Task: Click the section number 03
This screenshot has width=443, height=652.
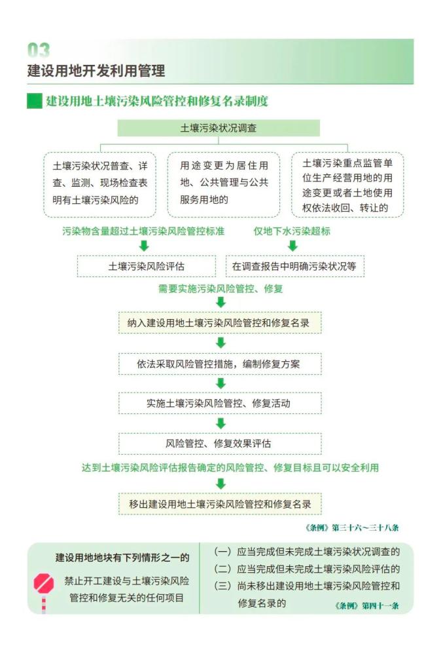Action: point(38,50)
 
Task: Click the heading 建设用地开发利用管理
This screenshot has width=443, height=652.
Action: point(96,71)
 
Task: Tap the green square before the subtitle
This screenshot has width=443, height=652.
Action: point(35,101)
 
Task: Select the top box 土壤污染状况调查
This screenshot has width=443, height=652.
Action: point(219,128)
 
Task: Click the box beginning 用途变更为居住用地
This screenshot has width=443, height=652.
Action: point(223,185)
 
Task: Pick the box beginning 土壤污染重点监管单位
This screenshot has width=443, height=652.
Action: point(347,185)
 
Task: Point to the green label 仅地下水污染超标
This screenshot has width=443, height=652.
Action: point(292,231)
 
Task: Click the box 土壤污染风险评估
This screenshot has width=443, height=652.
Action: point(147,266)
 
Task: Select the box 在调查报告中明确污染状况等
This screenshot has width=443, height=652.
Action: point(294,266)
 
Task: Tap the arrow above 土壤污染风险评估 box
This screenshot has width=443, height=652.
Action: point(144,246)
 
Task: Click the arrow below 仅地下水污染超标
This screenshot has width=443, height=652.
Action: point(292,246)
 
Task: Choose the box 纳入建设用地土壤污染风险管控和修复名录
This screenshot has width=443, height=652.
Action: point(220,322)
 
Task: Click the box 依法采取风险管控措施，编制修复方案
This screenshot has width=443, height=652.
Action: point(220,364)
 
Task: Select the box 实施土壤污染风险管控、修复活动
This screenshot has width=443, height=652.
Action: point(220,403)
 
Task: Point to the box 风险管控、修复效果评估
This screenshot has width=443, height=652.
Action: point(220,443)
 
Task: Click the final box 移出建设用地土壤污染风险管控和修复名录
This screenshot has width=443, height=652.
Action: point(220,504)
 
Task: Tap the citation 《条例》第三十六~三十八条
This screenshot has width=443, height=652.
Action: point(351,527)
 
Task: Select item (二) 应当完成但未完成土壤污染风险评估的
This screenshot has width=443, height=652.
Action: point(307,569)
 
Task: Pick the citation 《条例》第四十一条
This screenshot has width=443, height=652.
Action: point(366,605)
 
